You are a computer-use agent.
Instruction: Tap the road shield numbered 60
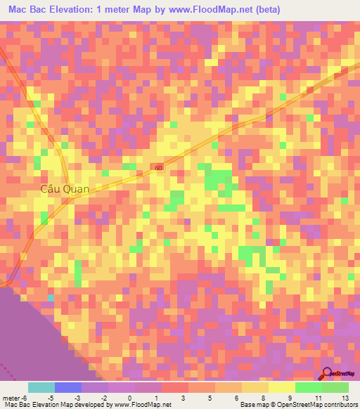(x=159, y=168)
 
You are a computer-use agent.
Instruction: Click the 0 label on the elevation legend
(x=129, y=398)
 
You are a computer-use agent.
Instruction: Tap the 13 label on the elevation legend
(x=345, y=398)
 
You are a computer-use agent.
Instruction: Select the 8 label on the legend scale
(x=264, y=398)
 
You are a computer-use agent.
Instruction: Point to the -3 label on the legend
(x=76, y=398)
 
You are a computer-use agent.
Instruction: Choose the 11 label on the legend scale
(x=318, y=398)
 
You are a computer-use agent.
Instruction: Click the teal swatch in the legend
(x=41, y=387)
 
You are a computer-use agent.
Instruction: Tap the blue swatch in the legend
(x=68, y=387)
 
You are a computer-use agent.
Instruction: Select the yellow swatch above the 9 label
(x=282, y=387)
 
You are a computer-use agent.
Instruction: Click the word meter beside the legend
(x=10, y=398)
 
